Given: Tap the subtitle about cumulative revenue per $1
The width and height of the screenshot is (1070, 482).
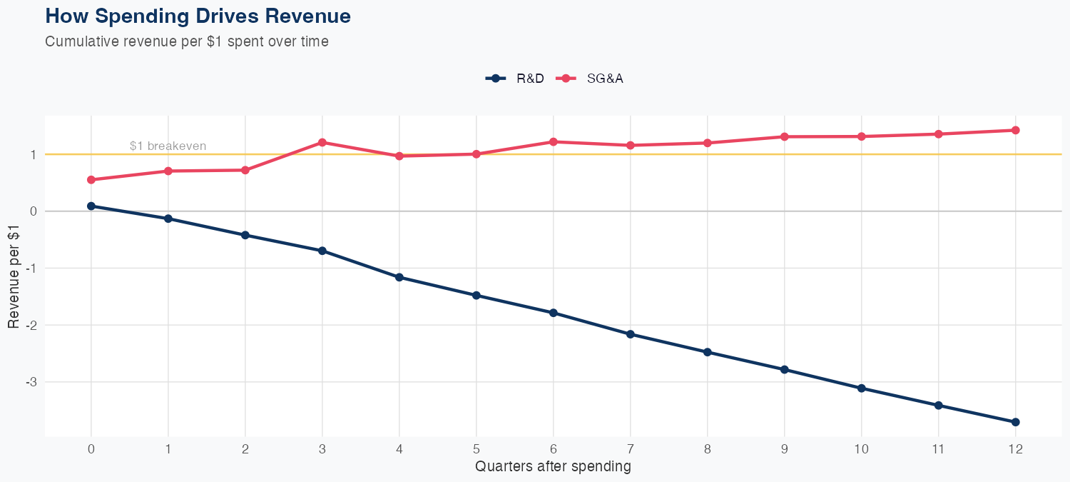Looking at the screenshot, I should (x=187, y=41).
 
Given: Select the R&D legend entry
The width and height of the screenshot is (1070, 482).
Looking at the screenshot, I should (x=515, y=79).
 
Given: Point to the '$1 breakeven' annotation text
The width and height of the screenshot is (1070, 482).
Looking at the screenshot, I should (x=168, y=146).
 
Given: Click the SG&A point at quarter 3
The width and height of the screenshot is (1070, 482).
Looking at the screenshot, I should (x=322, y=143).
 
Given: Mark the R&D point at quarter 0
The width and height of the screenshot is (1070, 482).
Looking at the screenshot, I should (x=91, y=206).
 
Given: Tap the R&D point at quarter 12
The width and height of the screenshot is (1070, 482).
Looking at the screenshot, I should (x=1016, y=422).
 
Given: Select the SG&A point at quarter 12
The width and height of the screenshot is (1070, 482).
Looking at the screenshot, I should (x=1016, y=130).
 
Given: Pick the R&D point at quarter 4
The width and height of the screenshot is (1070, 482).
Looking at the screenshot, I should (x=399, y=277).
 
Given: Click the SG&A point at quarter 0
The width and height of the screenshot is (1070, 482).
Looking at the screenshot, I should (x=91, y=180).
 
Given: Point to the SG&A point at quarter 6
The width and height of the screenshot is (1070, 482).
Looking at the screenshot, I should (x=554, y=141).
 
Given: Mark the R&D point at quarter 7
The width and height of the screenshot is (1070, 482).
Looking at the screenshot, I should (x=631, y=334).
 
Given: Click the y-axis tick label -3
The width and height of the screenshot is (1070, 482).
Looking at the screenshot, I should (x=31, y=382).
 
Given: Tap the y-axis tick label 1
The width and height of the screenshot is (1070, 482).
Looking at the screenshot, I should (x=33, y=154).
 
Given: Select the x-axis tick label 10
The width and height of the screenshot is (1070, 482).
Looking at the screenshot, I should (x=862, y=449).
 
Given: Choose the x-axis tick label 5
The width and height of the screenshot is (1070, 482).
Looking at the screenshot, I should (x=477, y=449).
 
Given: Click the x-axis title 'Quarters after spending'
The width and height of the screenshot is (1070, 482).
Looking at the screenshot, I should (x=553, y=467).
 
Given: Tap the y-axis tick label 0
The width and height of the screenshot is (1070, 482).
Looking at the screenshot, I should (x=33, y=211).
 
